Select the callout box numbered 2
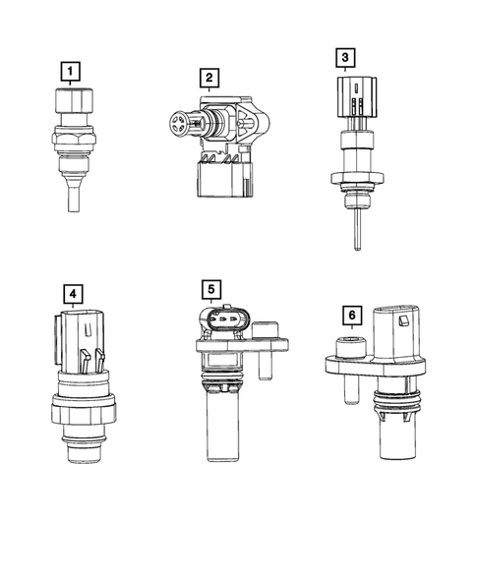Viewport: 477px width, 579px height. (208, 77)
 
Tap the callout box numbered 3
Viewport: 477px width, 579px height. (344, 58)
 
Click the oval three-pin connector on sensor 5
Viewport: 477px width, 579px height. (222, 322)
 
